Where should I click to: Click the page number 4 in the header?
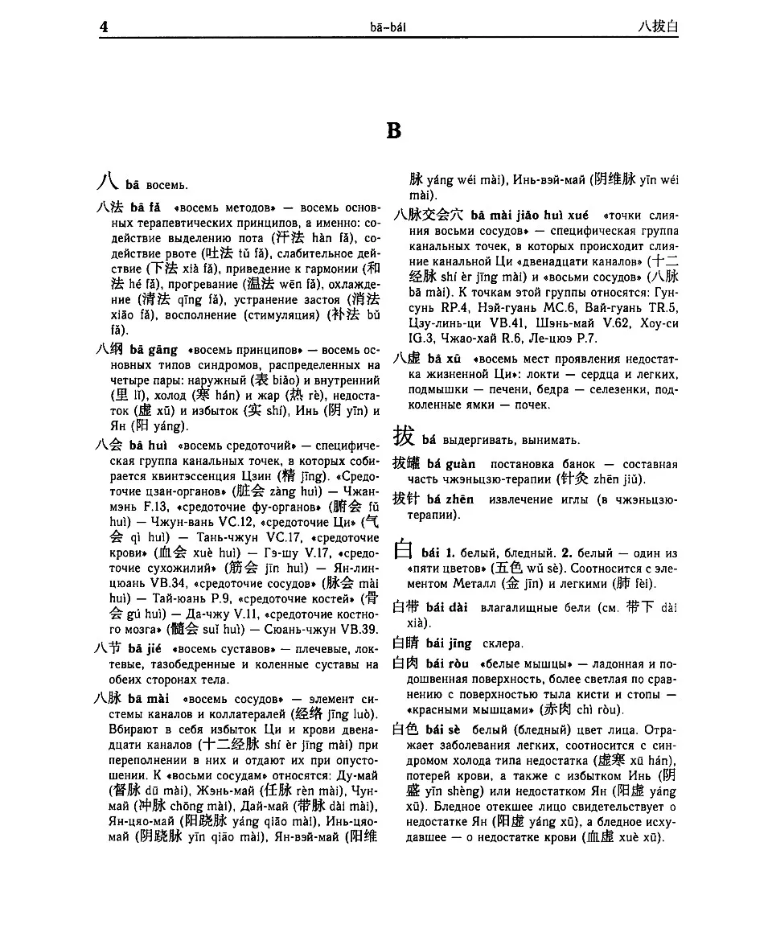[x=104, y=27]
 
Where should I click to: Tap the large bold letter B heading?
[x=393, y=130]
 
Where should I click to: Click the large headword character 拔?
[x=404, y=437]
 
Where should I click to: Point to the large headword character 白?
[x=404, y=551]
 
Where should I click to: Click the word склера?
[x=503, y=643]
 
